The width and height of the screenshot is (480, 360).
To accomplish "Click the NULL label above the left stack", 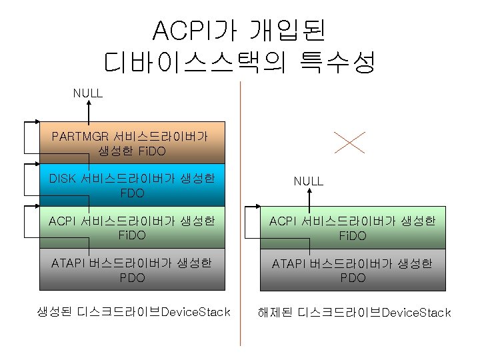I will pyautogui.click(x=87, y=93).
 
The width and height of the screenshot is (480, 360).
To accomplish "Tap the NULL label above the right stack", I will pyautogui.click(x=308, y=181).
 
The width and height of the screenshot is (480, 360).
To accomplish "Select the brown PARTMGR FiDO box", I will pyautogui.click(x=132, y=143).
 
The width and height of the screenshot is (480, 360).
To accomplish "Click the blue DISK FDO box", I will pyautogui.click(x=132, y=185).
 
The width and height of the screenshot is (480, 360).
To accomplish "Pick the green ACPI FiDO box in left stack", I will pyautogui.click(x=132, y=227).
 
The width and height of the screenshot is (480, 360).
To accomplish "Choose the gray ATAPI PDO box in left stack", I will pyautogui.click(x=132, y=269).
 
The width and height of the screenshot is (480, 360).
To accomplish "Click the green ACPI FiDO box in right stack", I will pyautogui.click(x=352, y=227).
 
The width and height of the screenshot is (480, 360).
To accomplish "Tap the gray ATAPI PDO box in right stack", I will pyautogui.click(x=352, y=269).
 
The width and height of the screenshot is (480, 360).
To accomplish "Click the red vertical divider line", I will pyautogui.click(x=240, y=213).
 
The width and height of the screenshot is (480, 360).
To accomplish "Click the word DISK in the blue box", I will pyautogui.click(x=63, y=179).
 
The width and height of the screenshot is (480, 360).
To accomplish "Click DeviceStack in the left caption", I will pyautogui.click(x=196, y=312).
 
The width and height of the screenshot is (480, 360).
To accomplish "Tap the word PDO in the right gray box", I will pyautogui.click(x=352, y=277).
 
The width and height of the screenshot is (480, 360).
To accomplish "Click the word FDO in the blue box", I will pyautogui.click(x=132, y=193).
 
